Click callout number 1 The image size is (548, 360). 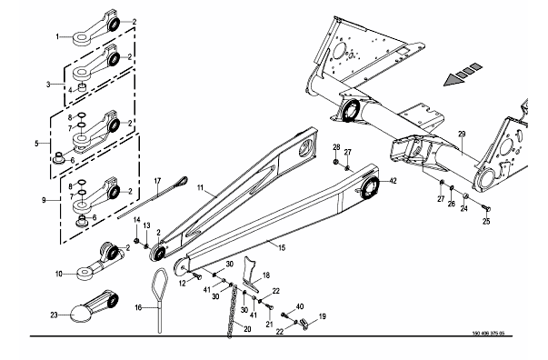[58, 36]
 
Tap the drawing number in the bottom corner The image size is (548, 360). [488, 333]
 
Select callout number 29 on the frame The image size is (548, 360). [462, 134]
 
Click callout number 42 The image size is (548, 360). [393, 181]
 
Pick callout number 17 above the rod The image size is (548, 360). [157, 181]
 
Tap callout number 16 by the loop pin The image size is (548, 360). [138, 307]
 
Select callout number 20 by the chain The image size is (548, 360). [247, 329]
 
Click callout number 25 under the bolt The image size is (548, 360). [486, 221]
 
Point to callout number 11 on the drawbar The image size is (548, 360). [200, 187]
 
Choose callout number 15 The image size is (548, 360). [282, 247]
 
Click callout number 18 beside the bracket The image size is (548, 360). [266, 275]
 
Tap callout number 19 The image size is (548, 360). [323, 316]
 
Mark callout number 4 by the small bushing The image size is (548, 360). [70, 91]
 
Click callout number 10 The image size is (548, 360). [58, 274]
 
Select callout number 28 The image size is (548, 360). [336, 147]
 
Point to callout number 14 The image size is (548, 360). [136, 220]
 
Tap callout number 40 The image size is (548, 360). [300, 306]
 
